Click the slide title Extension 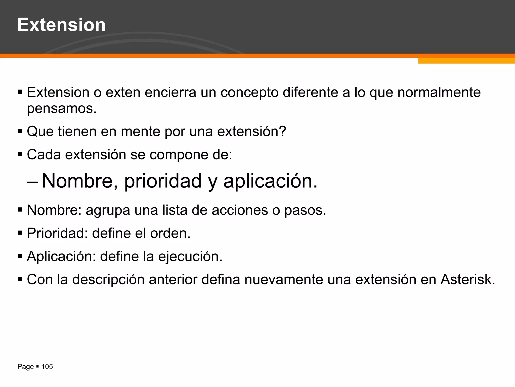[61, 25]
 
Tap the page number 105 [47, 367]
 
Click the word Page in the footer [25, 367]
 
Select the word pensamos [62, 109]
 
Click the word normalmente [439, 92]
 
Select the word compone [179, 155]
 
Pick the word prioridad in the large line [163, 181]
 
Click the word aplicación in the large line [270, 181]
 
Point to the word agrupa [108, 210]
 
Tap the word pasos [305, 210]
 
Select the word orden [170, 233]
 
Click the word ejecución [190, 257]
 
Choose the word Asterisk [467, 279]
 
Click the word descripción [108, 280]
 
